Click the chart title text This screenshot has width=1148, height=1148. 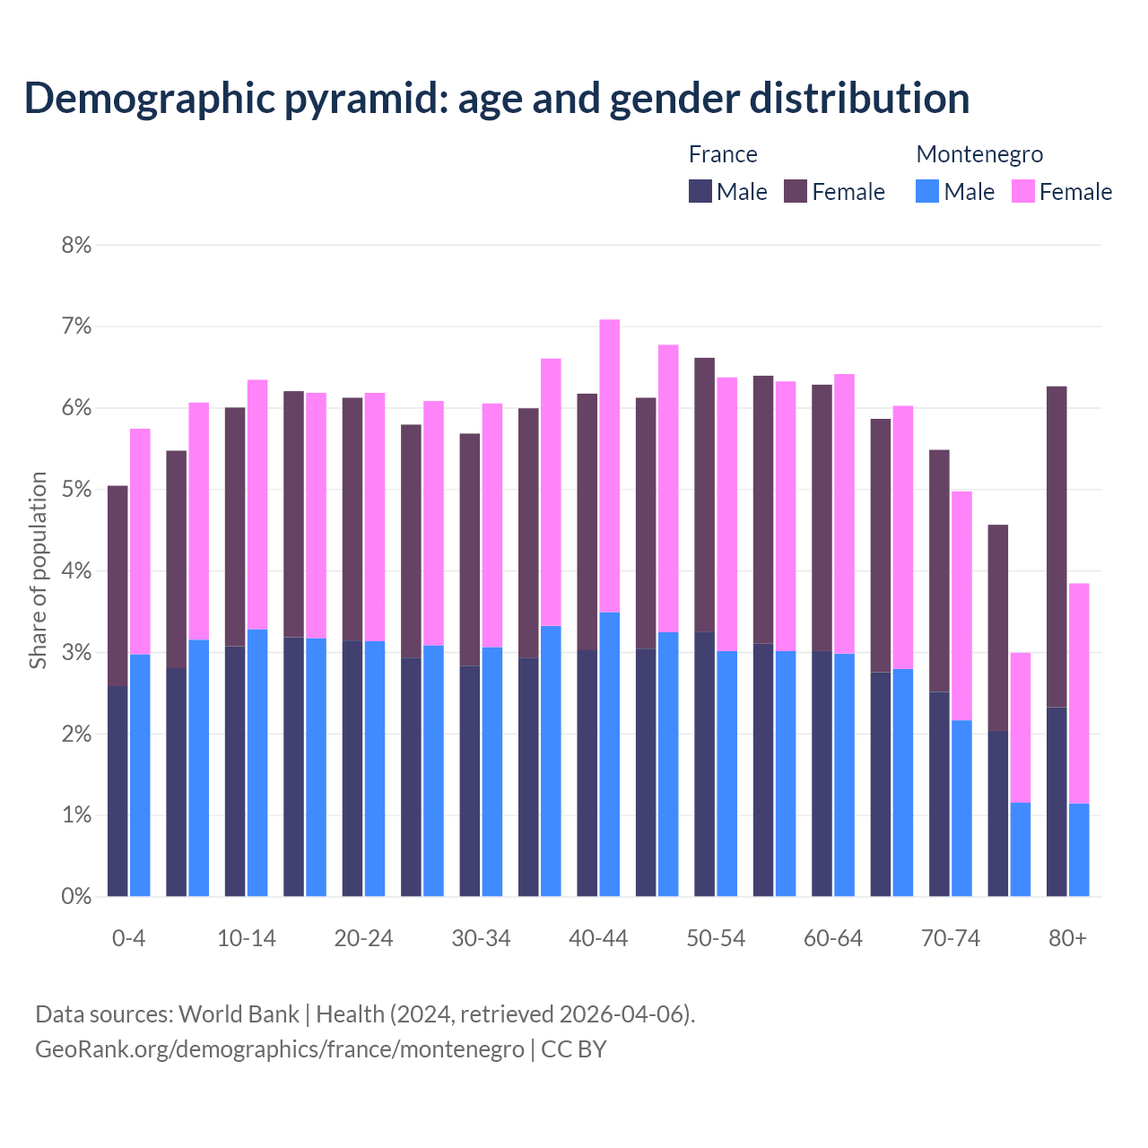[x=497, y=99]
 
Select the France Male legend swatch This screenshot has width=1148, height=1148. [x=700, y=191]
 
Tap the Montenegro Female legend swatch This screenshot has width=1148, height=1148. [x=1023, y=191]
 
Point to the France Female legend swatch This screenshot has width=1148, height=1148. [x=796, y=191]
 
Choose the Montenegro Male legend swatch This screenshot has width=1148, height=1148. [x=927, y=191]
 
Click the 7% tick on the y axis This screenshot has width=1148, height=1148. [x=77, y=326]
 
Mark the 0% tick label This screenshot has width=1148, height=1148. [x=77, y=896]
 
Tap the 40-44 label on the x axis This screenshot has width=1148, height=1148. [x=598, y=938]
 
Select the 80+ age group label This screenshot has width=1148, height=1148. [x=1067, y=938]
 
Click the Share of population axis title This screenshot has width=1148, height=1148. [x=39, y=570]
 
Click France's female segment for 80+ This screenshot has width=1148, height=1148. [x=1057, y=547]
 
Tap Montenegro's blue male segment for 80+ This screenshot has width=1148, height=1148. [x=1079, y=849]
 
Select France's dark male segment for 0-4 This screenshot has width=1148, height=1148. [x=117, y=791]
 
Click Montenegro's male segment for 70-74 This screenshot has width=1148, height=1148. [x=961, y=808]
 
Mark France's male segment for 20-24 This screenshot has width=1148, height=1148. [x=352, y=769]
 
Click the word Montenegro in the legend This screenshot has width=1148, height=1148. [x=979, y=154]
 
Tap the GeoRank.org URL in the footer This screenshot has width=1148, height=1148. [x=280, y=1048]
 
